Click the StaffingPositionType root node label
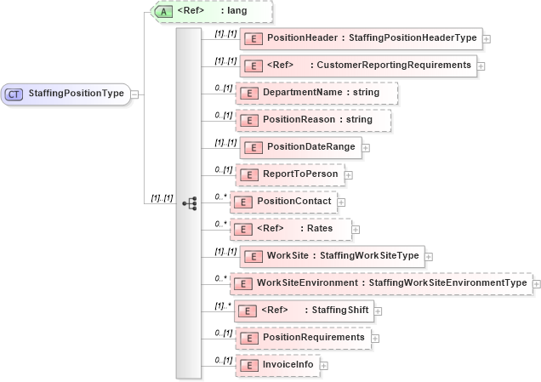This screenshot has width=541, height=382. (77, 94)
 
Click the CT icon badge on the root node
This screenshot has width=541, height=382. (14, 94)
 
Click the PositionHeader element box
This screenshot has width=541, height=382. (362, 38)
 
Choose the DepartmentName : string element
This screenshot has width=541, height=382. (316, 92)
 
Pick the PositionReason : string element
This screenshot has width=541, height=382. (313, 119)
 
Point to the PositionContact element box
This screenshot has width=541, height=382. (287, 202)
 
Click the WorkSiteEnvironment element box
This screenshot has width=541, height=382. (382, 283)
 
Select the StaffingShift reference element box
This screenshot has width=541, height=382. (304, 311)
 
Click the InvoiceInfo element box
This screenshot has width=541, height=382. (278, 365)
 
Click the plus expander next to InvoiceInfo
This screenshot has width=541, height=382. (324, 366)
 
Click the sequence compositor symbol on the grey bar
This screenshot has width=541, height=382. (189, 202)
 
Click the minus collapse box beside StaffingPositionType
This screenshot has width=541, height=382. (135, 94)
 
